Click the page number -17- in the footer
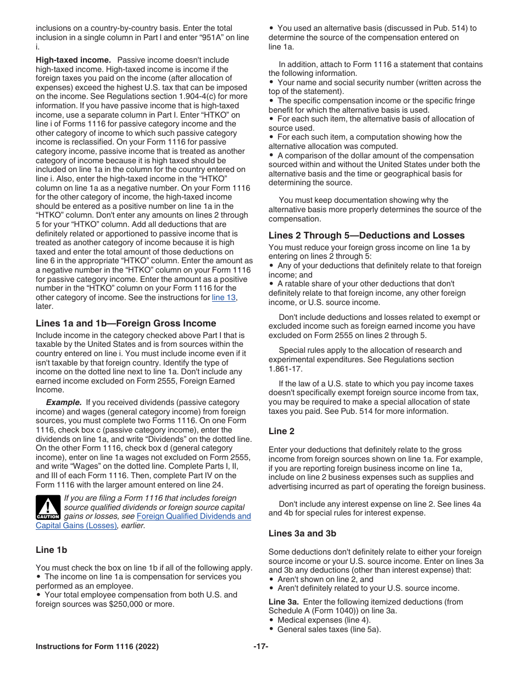[x=260, y=647]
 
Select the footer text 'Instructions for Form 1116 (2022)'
[x=97, y=647]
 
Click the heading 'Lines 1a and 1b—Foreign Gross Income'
[x=126, y=323]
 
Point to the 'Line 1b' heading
[x=51, y=550]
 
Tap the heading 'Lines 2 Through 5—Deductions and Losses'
[x=366, y=235]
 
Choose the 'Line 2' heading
[x=281, y=431]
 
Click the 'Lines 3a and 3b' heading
[x=302, y=533]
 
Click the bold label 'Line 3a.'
[x=284, y=602]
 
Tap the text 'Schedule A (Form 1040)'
[x=312, y=611]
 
